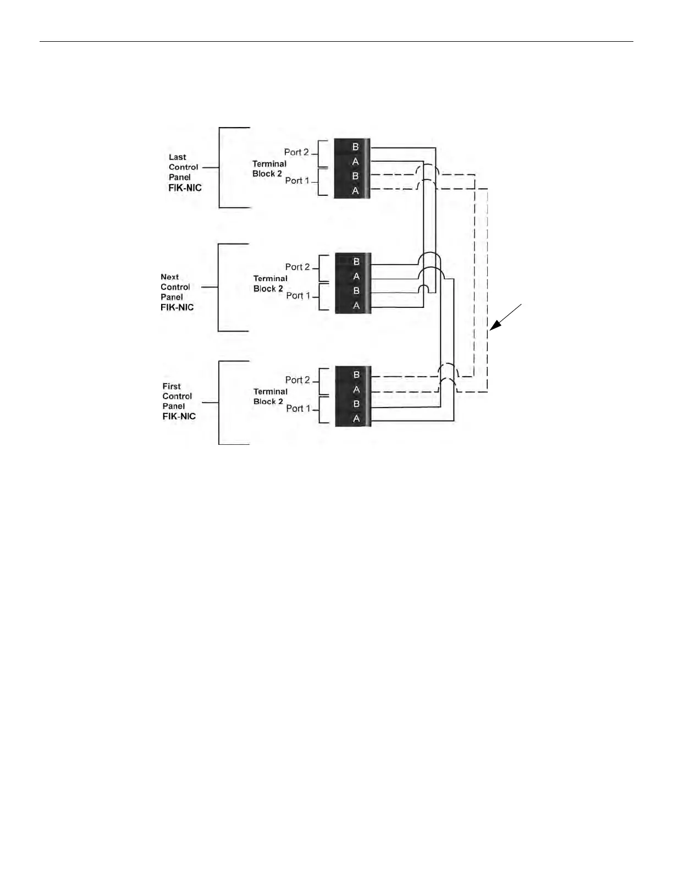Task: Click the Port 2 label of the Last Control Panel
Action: (296, 152)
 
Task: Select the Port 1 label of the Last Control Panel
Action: (297, 180)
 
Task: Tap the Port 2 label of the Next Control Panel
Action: (297, 267)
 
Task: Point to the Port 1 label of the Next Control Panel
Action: (298, 296)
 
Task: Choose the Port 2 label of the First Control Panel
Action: (297, 380)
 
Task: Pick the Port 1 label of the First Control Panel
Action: (298, 409)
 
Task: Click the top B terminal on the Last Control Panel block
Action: (355, 147)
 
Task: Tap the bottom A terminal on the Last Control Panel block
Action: (355, 191)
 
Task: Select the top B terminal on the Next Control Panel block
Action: (356, 262)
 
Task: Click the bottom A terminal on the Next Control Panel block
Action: (356, 306)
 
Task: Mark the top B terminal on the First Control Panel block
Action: (356, 375)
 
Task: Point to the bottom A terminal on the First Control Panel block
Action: (356, 418)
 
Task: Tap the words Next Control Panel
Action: (175, 287)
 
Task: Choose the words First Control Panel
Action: (177, 396)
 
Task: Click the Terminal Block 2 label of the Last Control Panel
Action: (269, 169)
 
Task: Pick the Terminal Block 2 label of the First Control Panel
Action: (270, 396)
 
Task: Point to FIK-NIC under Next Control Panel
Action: (177, 307)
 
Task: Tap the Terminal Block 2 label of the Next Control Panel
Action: (270, 284)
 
